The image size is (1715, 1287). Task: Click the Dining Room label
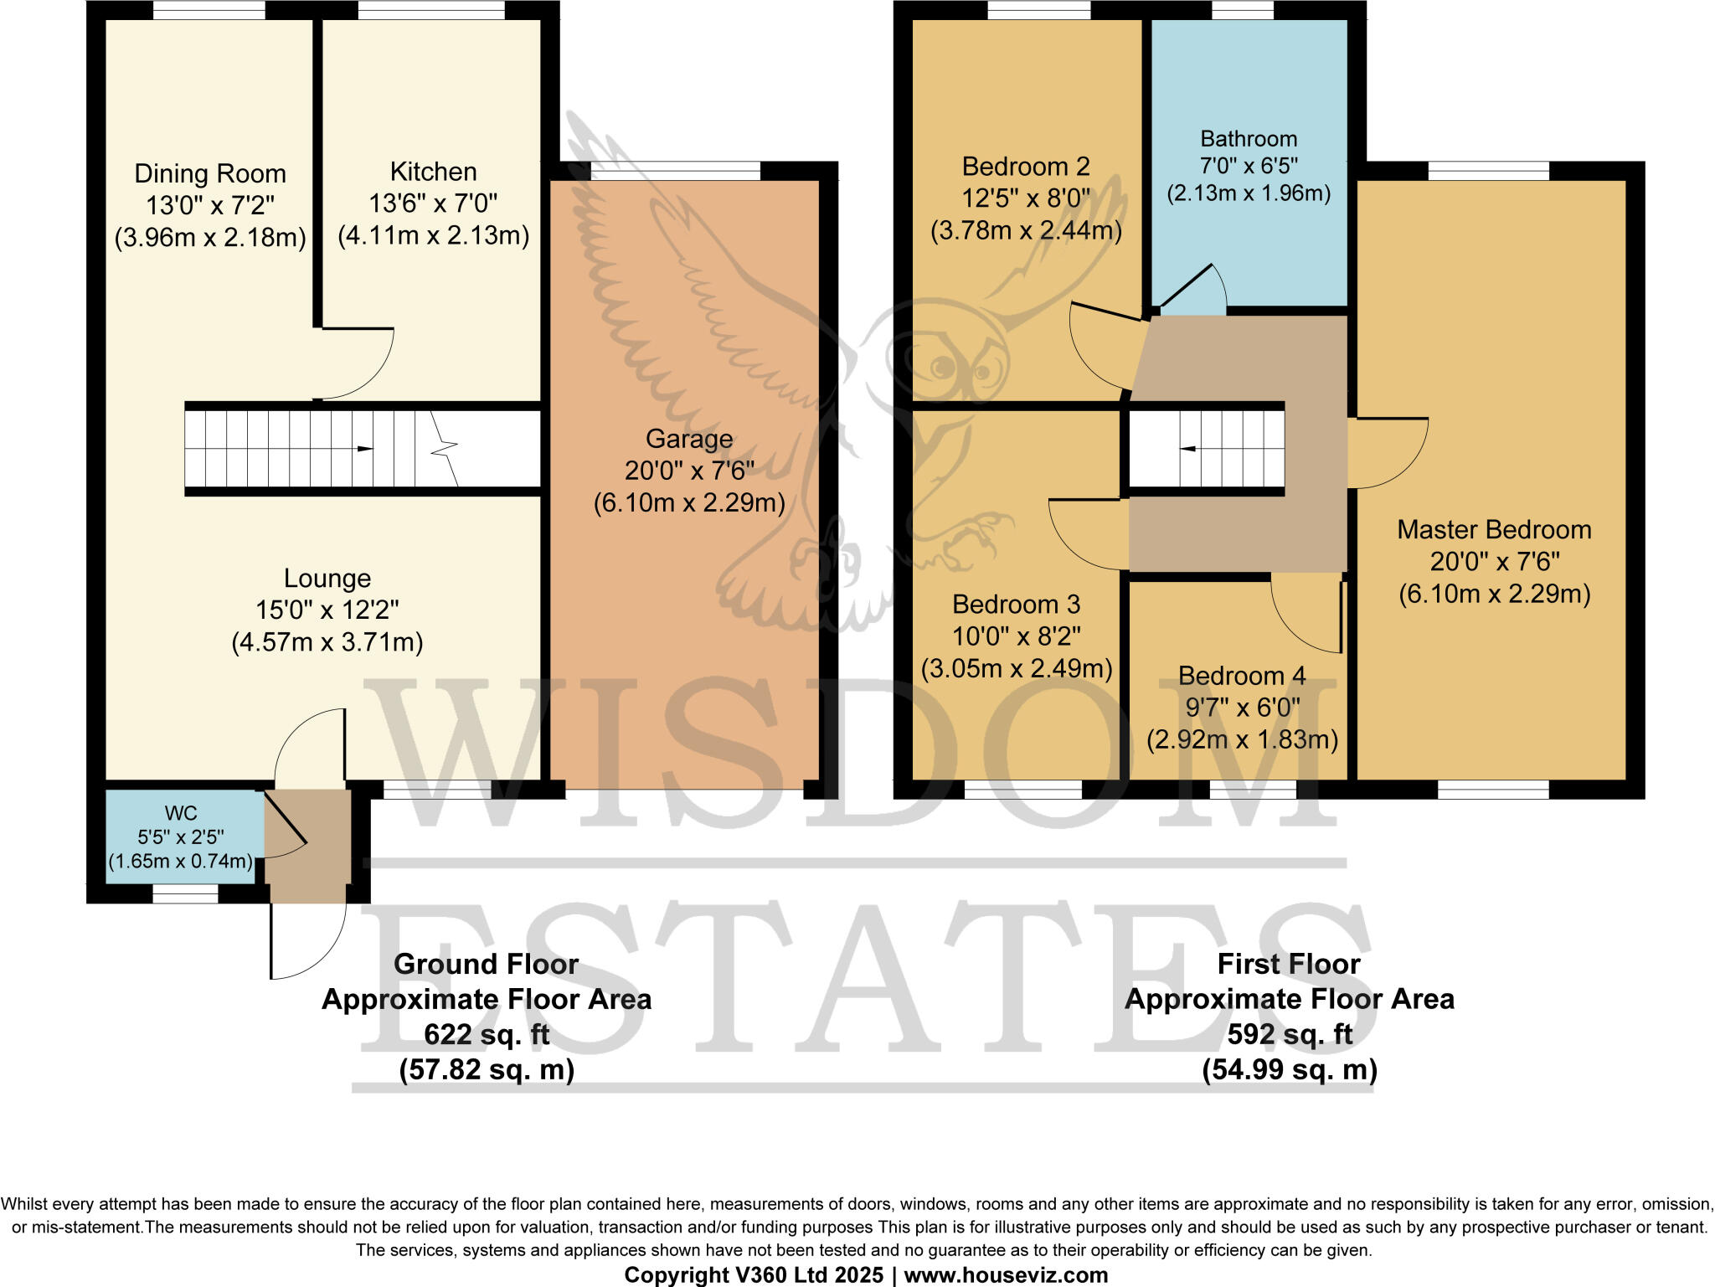[x=210, y=173]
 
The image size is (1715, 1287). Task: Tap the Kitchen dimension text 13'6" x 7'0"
[x=433, y=203]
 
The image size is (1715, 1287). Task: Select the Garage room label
[x=689, y=439]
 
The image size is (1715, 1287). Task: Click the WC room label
[x=181, y=813]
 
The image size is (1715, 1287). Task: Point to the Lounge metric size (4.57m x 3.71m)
[x=327, y=642]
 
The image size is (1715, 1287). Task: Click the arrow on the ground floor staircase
[x=364, y=449]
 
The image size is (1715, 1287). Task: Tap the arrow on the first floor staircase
[x=1187, y=449]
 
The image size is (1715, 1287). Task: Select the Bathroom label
[x=1249, y=139]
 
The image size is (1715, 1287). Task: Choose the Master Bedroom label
[x=1494, y=529]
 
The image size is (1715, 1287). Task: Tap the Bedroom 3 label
[x=1016, y=605]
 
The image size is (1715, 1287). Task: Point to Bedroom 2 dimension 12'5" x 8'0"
[x=1026, y=198]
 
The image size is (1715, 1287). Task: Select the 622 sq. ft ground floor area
[x=487, y=1035]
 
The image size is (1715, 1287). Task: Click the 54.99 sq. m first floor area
[x=1290, y=1070]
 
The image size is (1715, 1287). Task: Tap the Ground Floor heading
[x=487, y=965]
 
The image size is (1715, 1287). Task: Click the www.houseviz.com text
[x=1006, y=1275]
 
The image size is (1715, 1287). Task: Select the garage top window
[x=676, y=171]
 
